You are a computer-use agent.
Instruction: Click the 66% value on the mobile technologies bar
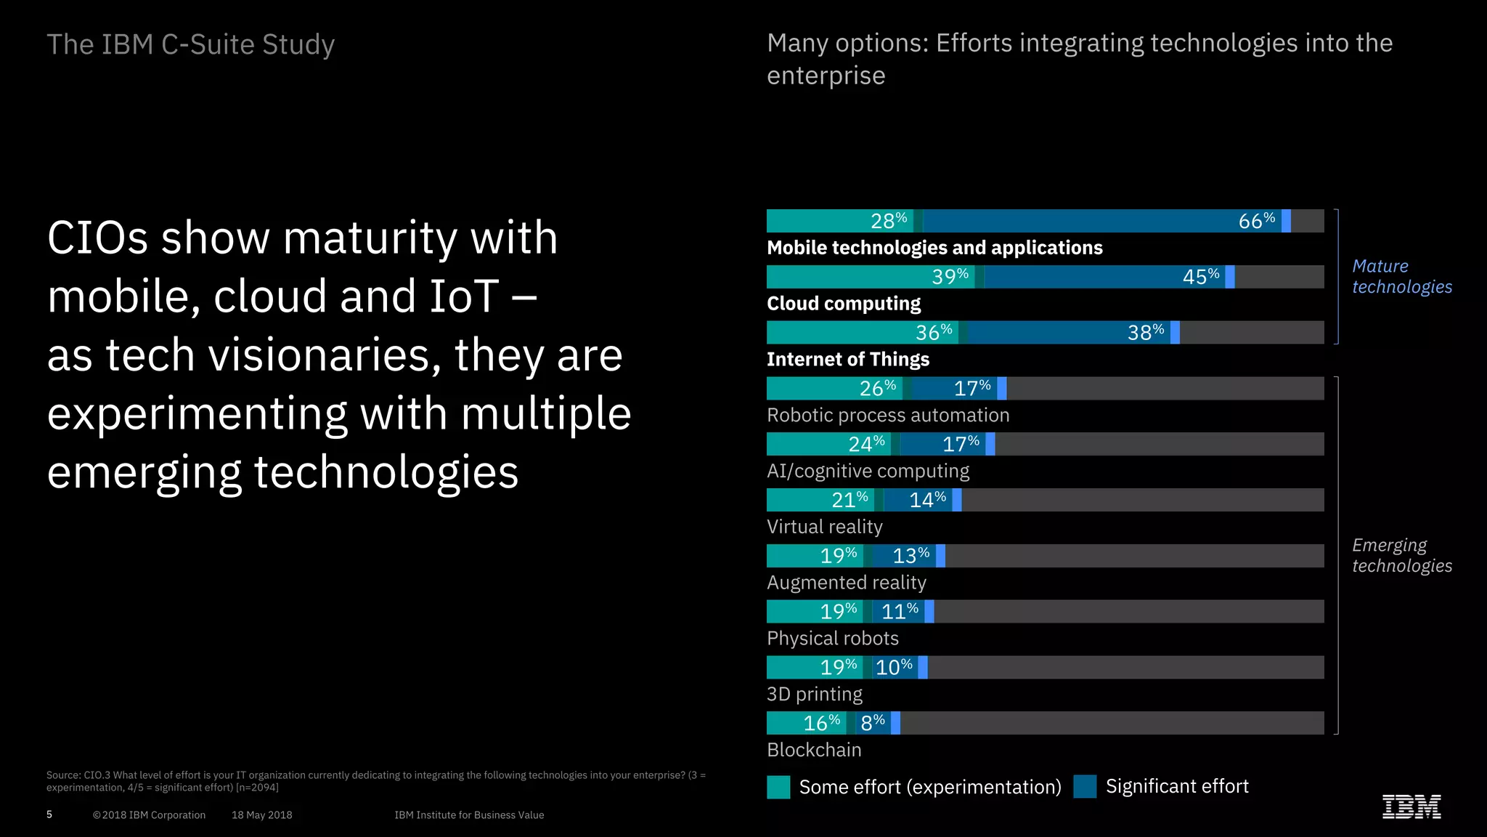(x=1256, y=221)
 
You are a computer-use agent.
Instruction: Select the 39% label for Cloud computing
(x=950, y=277)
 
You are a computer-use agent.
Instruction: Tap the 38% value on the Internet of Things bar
(x=1145, y=333)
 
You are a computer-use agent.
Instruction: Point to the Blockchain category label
(x=814, y=750)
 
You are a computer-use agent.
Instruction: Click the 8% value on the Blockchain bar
(x=872, y=723)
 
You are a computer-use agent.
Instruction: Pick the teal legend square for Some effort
(x=778, y=787)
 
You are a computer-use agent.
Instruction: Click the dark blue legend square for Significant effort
(x=1085, y=786)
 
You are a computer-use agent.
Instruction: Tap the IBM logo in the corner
(x=1411, y=806)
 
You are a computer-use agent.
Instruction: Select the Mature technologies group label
(x=1401, y=277)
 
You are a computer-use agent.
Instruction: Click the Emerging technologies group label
(x=1401, y=556)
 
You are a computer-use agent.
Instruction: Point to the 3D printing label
(x=814, y=695)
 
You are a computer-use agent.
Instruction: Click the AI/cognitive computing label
(x=868, y=472)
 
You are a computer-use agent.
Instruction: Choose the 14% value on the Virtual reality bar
(x=927, y=500)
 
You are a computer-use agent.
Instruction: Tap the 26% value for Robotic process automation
(x=877, y=389)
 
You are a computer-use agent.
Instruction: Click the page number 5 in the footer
(x=49, y=814)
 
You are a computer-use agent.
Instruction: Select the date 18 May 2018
(x=261, y=815)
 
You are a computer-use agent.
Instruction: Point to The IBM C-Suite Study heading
(x=190, y=44)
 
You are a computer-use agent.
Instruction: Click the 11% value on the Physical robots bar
(x=900, y=612)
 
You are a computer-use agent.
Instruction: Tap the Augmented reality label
(x=846, y=583)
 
